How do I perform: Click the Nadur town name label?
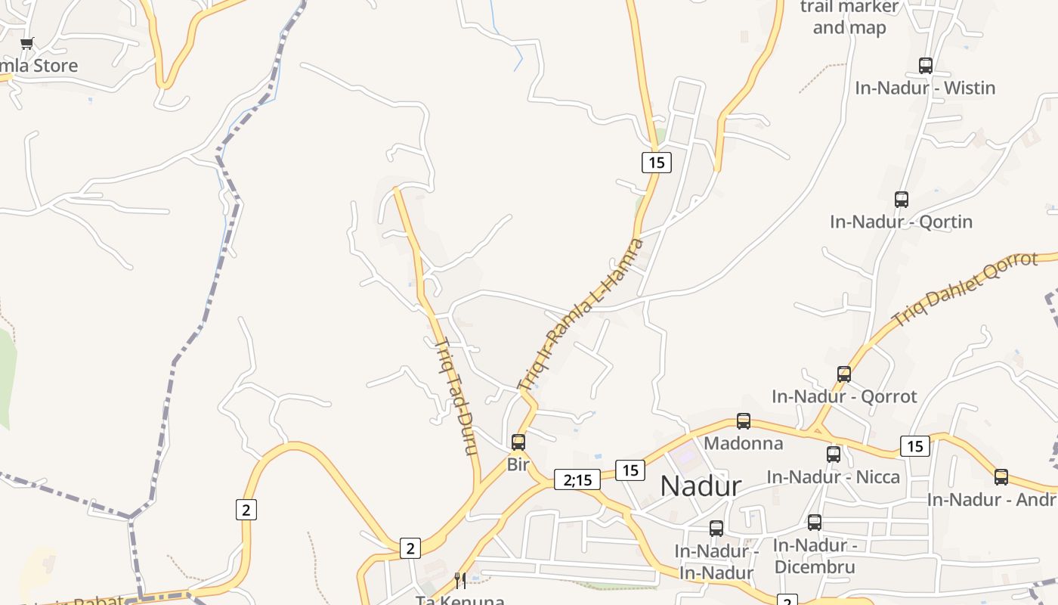pos(701,486)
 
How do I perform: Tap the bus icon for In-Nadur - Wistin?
pos(926,66)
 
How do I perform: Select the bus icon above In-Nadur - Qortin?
pos(902,200)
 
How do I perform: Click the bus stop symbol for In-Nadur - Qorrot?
pos(844,374)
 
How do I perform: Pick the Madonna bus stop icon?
pos(744,421)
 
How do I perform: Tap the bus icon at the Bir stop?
pos(518,442)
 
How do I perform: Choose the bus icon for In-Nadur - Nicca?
pos(834,455)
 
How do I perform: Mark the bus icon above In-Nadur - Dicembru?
pos(815,523)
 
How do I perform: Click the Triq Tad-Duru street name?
pos(456,396)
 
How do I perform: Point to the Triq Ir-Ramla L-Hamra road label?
pos(580,315)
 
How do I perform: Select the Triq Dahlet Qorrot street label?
pos(966,288)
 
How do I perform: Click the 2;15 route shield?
pos(577,479)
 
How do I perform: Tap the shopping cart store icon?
pos(27,43)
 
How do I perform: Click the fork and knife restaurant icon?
pos(459,581)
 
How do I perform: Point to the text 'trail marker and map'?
pos(849,17)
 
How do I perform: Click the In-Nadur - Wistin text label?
pos(925,88)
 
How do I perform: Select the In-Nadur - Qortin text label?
pos(901,222)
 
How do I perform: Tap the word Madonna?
pos(744,443)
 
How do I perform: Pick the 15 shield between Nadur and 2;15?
pos(630,470)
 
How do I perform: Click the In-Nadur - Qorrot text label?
pos(844,396)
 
